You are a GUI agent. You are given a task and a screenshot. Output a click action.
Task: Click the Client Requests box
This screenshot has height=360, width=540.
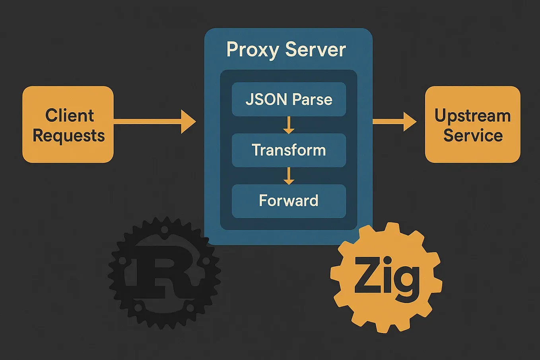[68, 125]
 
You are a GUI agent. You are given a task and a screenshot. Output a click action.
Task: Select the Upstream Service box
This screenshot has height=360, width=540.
[472, 125]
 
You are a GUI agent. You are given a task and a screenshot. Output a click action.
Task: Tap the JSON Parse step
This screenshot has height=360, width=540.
[289, 99]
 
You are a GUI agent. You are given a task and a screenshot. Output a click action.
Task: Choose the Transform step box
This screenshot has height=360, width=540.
[289, 150]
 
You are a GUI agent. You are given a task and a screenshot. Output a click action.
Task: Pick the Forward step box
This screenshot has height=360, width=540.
[289, 201]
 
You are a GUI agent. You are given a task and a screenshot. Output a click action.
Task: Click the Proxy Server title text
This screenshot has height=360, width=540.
[286, 50]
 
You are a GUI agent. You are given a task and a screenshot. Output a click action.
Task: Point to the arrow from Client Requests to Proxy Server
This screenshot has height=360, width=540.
[155, 121]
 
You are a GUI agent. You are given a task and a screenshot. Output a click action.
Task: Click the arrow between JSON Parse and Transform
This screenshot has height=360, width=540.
[289, 125]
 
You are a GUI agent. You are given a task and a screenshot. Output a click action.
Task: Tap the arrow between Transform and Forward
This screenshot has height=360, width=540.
[289, 175]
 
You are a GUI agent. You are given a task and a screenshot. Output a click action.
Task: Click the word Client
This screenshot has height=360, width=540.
[70, 115]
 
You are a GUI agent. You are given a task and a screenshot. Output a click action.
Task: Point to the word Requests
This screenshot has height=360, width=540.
[68, 136]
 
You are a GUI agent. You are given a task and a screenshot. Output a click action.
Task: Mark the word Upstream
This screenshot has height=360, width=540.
[472, 116]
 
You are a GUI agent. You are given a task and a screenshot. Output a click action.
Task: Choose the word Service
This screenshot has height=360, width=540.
[473, 135]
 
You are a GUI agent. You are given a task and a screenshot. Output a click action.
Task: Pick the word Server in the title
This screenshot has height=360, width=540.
[316, 50]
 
